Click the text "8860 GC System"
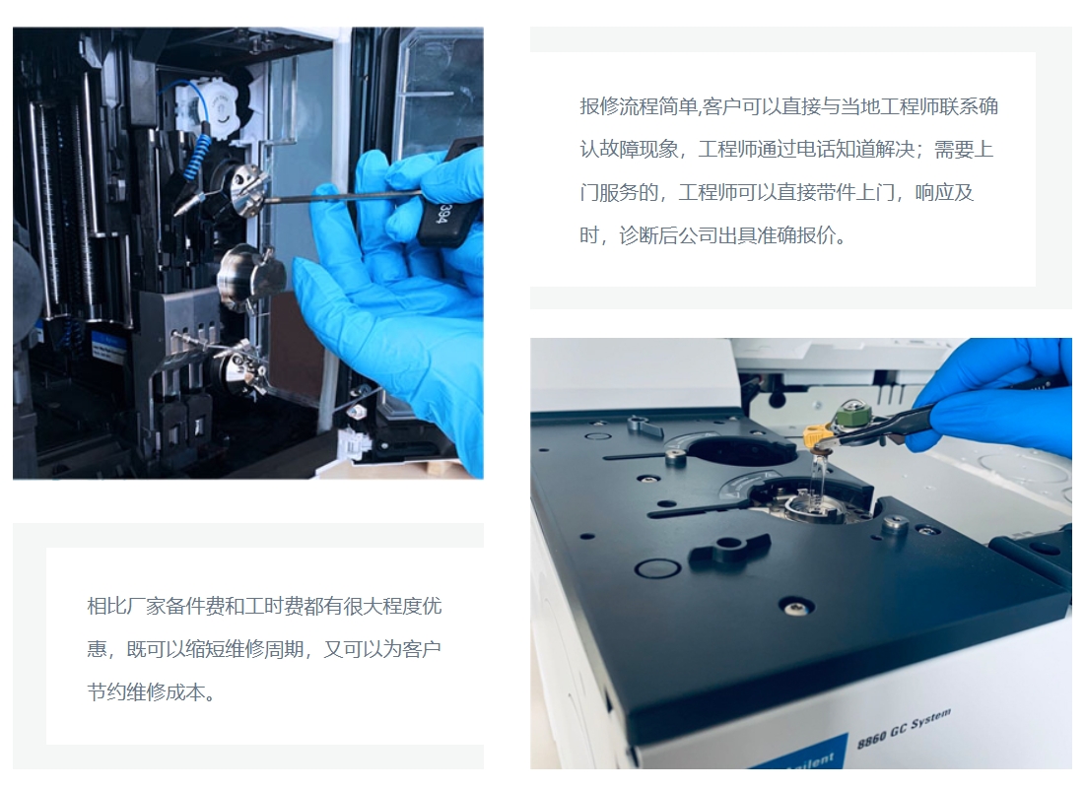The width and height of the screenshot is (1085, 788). [904, 729]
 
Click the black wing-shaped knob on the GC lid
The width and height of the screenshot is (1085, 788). [730, 550]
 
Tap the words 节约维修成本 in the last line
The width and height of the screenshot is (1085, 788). [146, 692]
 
